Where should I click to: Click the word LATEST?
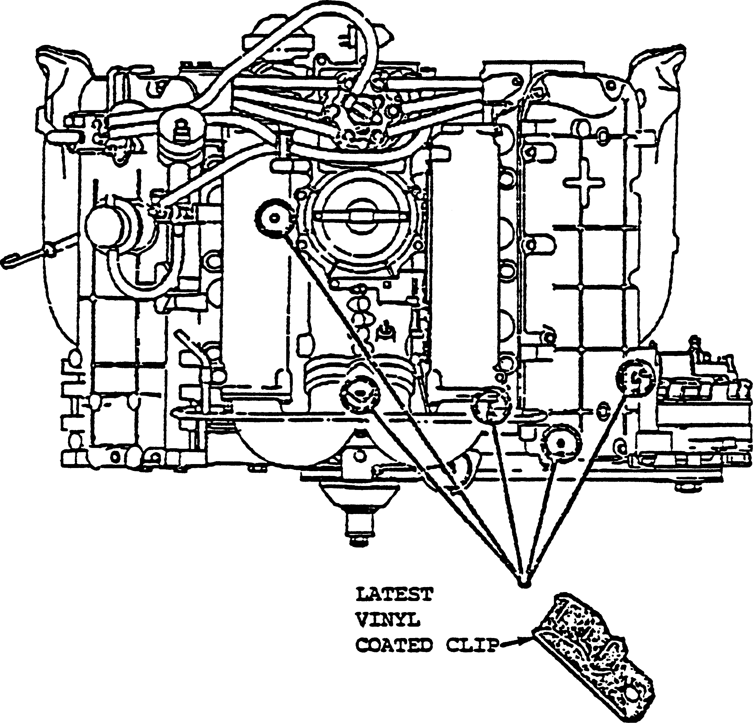coord(394,594)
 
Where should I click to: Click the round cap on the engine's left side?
coord(104,227)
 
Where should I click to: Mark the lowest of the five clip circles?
coord(561,443)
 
